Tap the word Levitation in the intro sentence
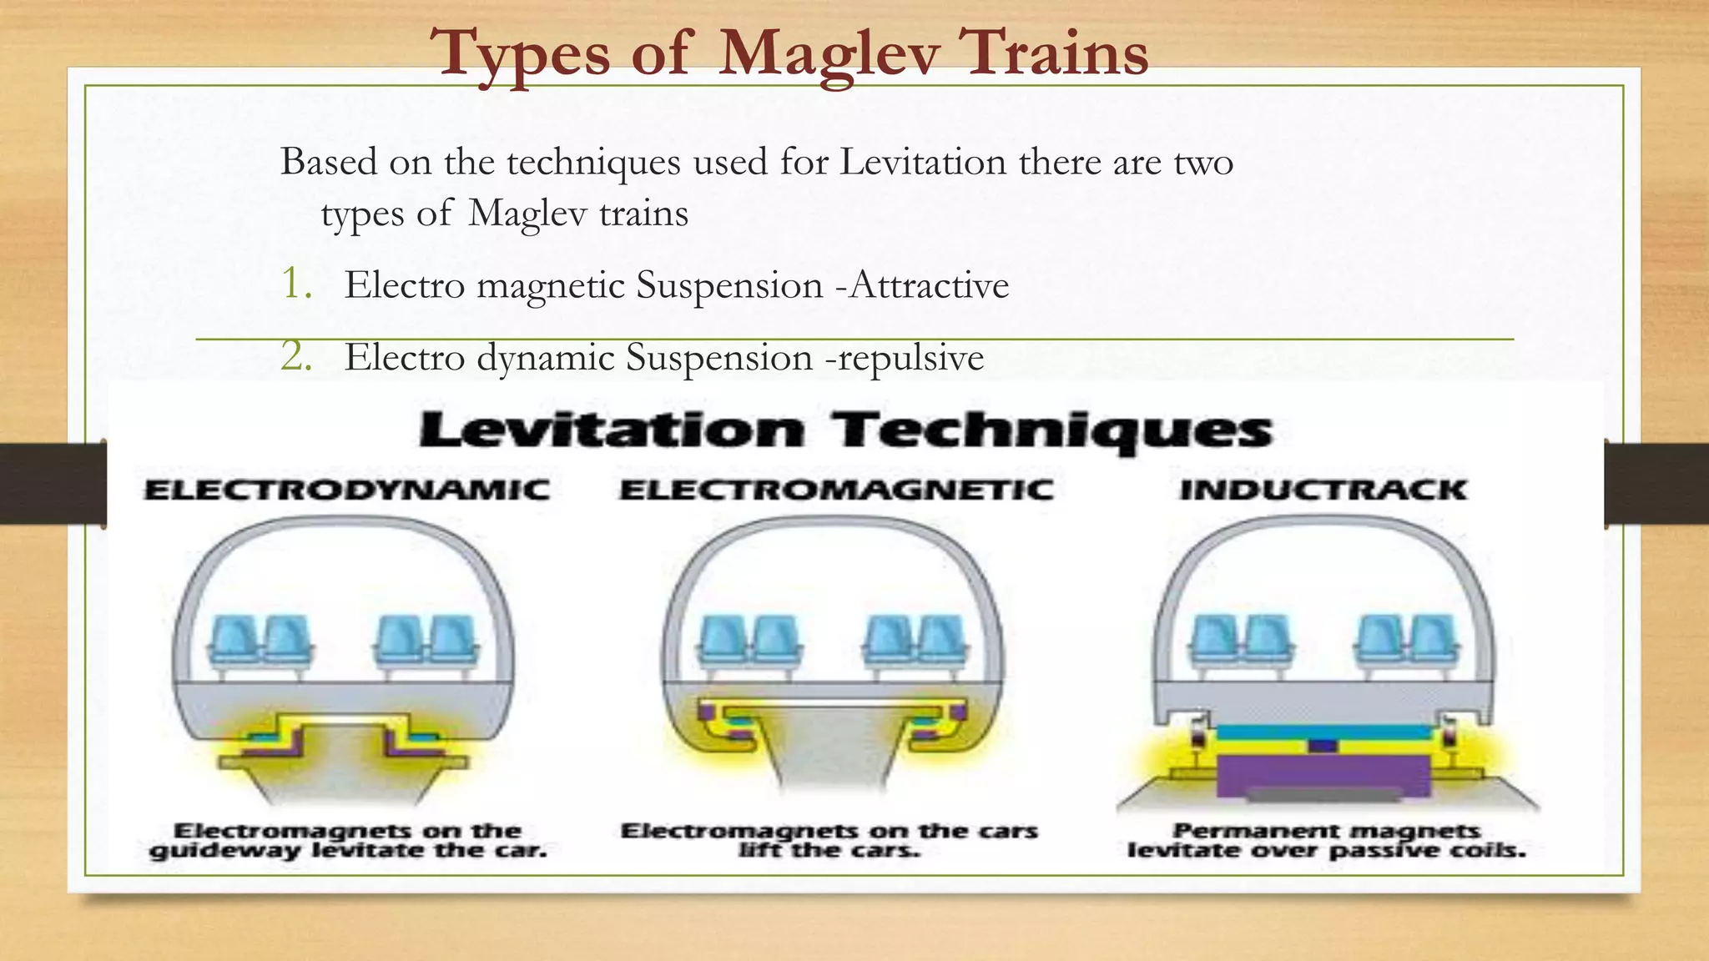click(923, 162)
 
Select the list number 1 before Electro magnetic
click(295, 284)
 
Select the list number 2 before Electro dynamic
click(296, 356)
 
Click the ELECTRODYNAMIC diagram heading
click(346, 490)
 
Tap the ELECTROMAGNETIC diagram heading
click(836, 490)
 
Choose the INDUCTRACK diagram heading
click(1323, 490)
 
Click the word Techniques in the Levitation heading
click(1051, 430)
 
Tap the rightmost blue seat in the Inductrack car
click(1431, 641)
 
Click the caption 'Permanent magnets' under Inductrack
click(1326, 830)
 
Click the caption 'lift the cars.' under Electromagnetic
click(829, 851)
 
